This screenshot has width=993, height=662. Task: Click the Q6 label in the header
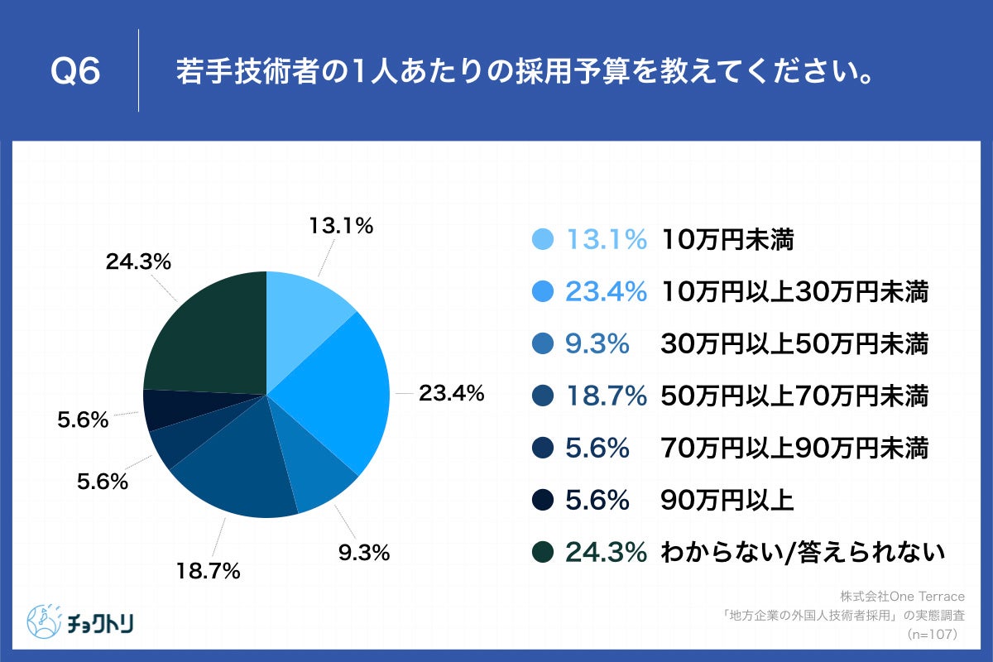[75, 73]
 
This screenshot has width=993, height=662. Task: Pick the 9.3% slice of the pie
[323, 476]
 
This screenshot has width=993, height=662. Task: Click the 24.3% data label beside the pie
[138, 263]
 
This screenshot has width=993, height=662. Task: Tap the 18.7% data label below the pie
[207, 570]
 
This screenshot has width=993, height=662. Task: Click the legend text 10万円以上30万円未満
[794, 292]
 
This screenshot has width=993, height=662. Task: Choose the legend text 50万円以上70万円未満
[794, 396]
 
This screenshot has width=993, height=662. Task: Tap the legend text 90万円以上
[727, 501]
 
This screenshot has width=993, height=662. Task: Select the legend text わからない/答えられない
[802, 553]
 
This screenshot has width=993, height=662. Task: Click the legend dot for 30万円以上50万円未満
[543, 344]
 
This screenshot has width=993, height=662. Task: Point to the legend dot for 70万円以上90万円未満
[543, 449]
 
